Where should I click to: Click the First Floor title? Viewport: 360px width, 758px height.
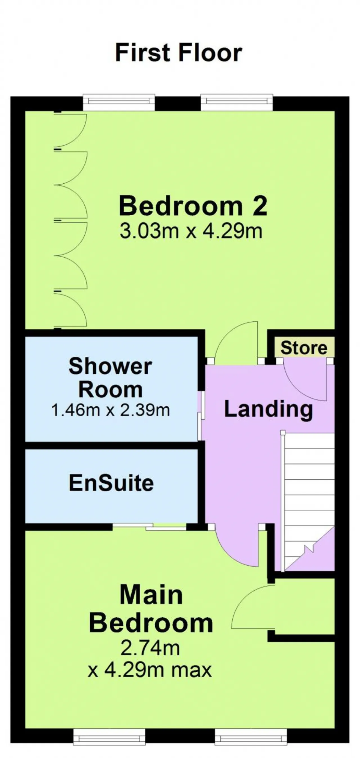pos(179,53)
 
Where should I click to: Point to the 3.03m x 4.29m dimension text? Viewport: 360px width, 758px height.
pos(191,231)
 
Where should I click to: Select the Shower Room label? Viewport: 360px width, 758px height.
pos(110,378)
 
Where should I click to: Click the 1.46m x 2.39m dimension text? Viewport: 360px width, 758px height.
pos(111,410)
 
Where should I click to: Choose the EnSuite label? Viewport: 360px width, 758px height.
pos(111,483)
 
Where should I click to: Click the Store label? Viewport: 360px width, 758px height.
pos(304,348)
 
